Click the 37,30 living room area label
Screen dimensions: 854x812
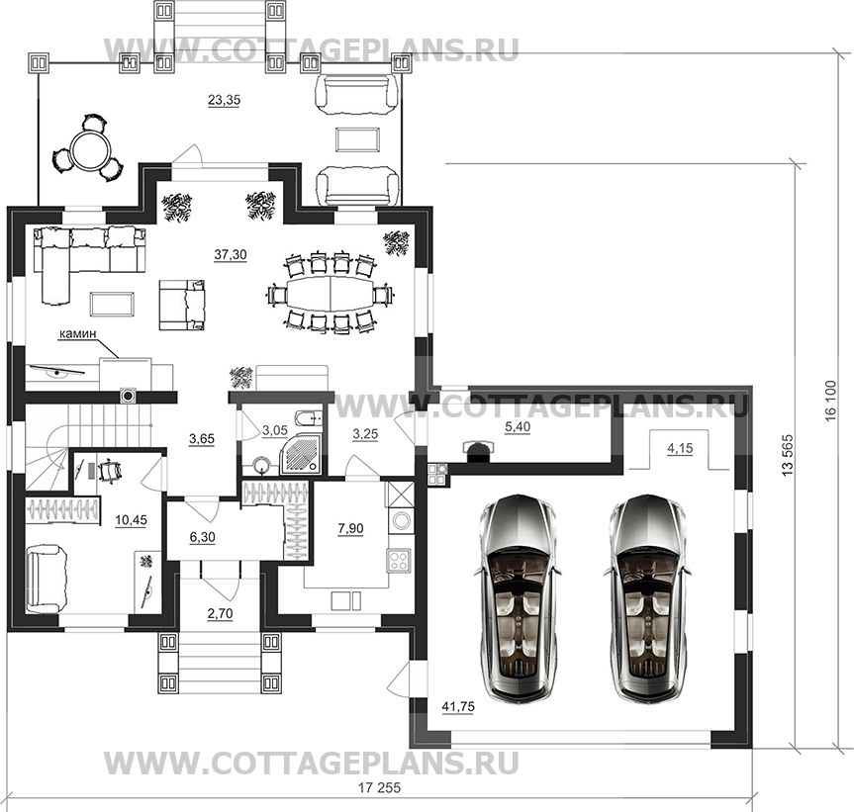(231, 254)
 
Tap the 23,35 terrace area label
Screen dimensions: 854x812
(224, 100)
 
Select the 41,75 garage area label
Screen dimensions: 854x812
(458, 707)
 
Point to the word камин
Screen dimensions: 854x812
(77, 333)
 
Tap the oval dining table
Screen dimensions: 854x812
(331, 294)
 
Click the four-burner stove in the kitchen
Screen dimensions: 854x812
(399, 560)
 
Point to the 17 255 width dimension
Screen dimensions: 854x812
(380, 787)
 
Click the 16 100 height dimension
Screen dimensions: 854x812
(830, 402)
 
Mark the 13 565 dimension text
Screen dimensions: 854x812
(788, 455)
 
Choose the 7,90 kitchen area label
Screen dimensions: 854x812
(350, 528)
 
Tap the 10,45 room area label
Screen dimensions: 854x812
(131, 520)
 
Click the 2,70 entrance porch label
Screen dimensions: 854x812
(220, 614)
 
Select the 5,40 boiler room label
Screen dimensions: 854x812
(517, 426)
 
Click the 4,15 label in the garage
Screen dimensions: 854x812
(680, 448)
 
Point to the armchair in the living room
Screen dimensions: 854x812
(182, 305)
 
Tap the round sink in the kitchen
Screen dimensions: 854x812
(402, 520)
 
